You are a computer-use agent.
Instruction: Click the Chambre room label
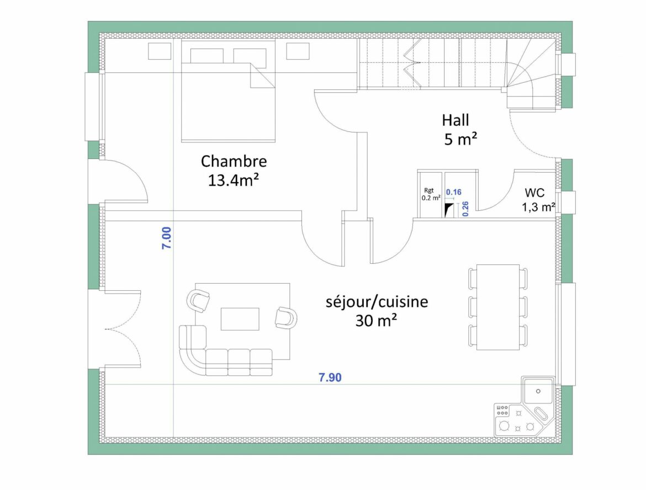point(234,161)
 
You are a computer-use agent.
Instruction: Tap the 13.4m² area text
point(234,180)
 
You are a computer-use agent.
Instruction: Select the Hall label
point(455,120)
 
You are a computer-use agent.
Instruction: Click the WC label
point(534,193)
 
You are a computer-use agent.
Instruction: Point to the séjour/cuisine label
point(377,302)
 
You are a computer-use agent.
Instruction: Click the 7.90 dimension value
point(330,377)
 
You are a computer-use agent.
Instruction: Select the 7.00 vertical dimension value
point(166,238)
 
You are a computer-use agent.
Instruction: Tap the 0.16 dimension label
point(453,192)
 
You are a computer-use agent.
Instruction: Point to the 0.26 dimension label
point(465,209)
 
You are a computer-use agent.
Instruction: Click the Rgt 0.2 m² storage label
point(431,194)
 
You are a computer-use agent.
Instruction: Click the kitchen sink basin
point(537,391)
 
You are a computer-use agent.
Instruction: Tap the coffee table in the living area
point(240,319)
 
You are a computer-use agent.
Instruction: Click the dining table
point(498,307)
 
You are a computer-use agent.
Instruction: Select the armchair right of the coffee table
point(287,317)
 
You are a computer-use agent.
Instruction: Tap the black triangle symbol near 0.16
point(449,209)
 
